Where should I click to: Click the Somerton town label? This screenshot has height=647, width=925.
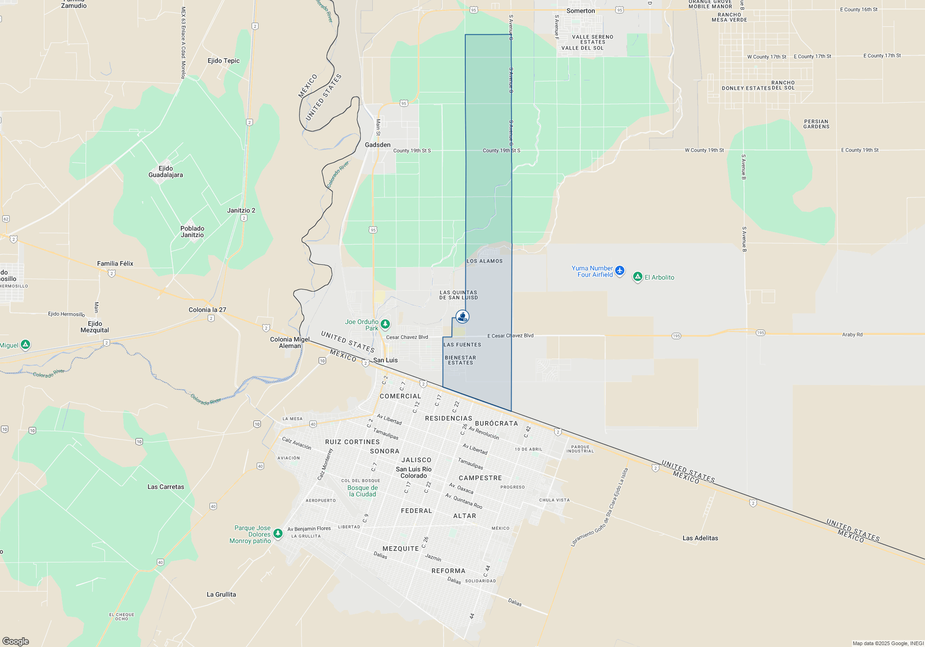tap(580, 11)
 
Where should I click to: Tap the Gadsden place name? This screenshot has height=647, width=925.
tap(377, 145)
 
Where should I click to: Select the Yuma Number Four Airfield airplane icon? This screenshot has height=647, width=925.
tap(620, 271)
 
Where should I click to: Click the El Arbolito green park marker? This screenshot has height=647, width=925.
tap(638, 277)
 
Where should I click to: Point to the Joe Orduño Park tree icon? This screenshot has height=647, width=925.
tap(385, 324)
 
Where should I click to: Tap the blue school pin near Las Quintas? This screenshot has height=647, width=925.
tap(462, 317)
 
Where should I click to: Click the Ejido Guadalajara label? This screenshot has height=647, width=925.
tap(166, 171)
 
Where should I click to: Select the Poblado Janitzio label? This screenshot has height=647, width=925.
tap(192, 232)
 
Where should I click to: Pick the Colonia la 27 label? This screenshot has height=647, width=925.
tap(207, 310)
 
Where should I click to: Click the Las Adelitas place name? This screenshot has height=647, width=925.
tap(700, 538)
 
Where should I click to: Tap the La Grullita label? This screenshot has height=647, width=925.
tap(221, 594)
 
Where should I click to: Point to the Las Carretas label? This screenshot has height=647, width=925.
tap(166, 487)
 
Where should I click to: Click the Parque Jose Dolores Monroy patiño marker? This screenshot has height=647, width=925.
tap(278, 534)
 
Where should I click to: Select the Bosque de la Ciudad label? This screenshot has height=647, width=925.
tap(363, 491)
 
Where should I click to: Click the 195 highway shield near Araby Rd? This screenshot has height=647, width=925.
tap(760, 333)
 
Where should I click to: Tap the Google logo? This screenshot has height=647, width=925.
tap(16, 641)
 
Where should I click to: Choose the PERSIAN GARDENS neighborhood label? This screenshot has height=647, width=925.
tap(816, 124)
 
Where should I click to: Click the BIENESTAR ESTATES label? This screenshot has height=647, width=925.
tap(460, 360)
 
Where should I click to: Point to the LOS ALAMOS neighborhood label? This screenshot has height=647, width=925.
tap(484, 261)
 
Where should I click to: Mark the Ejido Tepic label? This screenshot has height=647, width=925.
tap(223, 61)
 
